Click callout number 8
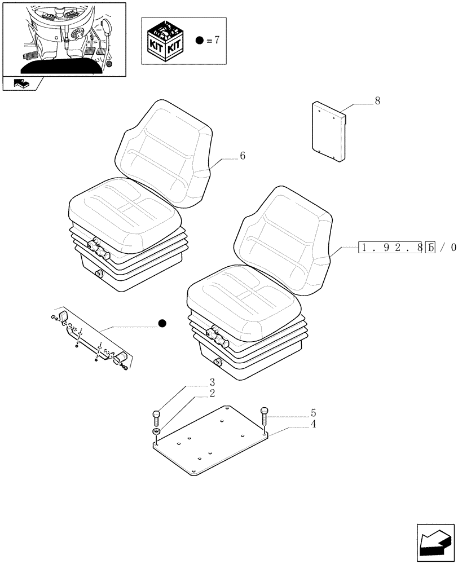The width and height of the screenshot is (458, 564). pos(377,102)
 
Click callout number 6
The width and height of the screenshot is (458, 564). pos(242,157)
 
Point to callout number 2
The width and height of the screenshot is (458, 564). pos(212,394)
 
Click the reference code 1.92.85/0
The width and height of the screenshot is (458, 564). pos(406,247)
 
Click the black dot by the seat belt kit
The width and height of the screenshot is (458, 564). pos(162,323)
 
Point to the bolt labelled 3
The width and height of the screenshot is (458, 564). pos(156,418)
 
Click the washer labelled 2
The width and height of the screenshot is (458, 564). pos(156,432)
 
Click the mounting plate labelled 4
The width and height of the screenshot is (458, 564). pos(212,446)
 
